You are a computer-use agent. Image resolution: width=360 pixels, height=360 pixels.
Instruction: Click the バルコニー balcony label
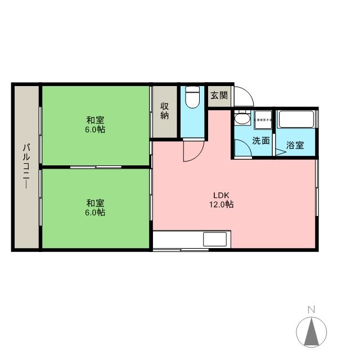[26, 168]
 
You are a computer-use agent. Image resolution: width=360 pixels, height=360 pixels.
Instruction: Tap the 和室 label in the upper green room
[95, 120]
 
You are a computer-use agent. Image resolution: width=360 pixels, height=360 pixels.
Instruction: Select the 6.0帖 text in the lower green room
[95, 213]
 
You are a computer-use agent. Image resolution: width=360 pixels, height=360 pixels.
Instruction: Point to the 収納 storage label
[164, 110]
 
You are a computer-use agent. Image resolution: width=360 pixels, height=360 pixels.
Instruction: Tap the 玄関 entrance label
[219, 95]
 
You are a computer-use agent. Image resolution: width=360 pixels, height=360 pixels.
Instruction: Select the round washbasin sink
[242, 120]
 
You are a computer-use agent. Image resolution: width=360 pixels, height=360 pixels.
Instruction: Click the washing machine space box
[262, 120]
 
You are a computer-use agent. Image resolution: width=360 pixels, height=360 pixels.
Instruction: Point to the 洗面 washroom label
[260, 141]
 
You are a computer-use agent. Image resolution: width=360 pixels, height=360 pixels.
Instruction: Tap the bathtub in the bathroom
[296, 120]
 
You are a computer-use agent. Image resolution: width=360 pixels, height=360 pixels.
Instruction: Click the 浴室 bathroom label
[295, 145]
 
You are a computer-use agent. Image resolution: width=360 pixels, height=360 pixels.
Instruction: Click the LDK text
[218, 195]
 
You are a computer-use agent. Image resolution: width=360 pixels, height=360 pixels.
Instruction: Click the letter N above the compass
[311, 309]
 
